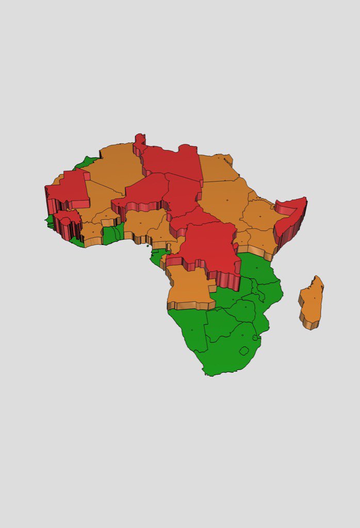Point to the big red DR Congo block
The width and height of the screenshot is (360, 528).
206,247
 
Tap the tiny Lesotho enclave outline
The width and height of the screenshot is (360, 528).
244,351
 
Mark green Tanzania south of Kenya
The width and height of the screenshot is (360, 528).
260,271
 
